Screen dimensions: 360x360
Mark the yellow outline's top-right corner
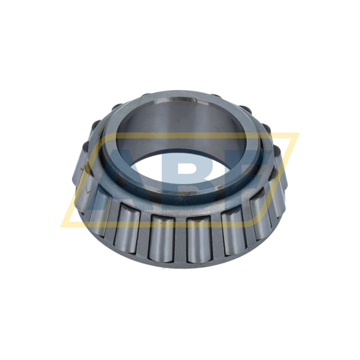[297, 133]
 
